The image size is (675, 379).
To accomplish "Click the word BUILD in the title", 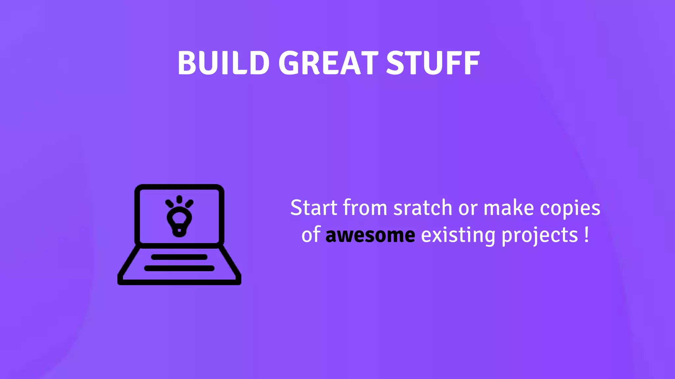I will point(223,63).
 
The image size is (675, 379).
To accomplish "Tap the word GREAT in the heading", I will point(328,63).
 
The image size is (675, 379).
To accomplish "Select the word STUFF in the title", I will point(433,63).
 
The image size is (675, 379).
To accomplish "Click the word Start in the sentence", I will point(314,208).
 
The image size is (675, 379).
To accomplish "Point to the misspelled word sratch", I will point(423,208).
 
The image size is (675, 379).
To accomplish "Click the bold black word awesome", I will point(370,236).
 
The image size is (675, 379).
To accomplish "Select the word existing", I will point(458,236).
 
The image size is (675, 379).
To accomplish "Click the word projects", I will point(540,236).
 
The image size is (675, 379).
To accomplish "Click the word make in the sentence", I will point(509,208).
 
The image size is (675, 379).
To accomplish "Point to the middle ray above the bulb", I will point(179,199).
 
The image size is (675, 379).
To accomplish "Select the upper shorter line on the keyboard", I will point(179,257).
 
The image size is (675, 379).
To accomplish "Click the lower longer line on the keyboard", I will point(179,268).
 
